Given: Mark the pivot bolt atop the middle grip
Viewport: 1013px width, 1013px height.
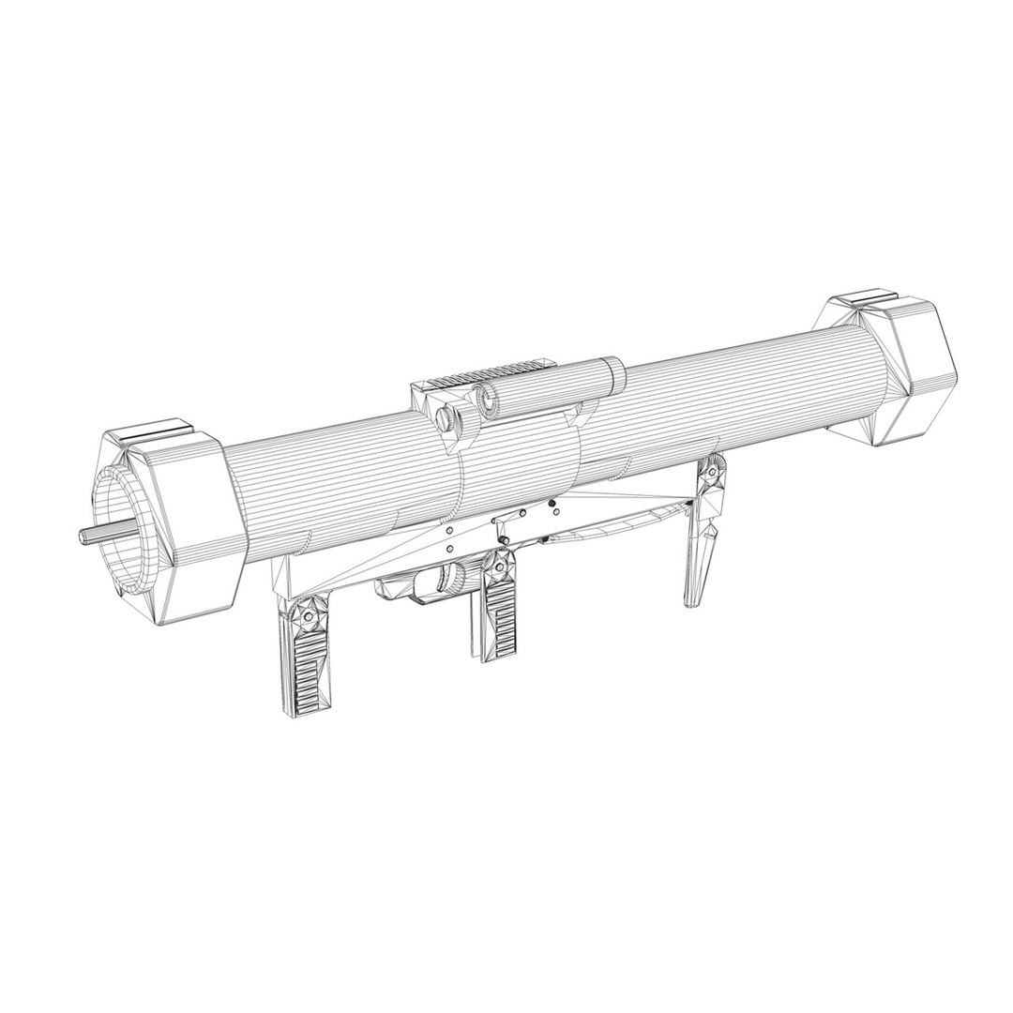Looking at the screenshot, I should coord(498,565).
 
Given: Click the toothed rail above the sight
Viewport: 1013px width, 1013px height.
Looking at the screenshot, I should coord(487,374).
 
